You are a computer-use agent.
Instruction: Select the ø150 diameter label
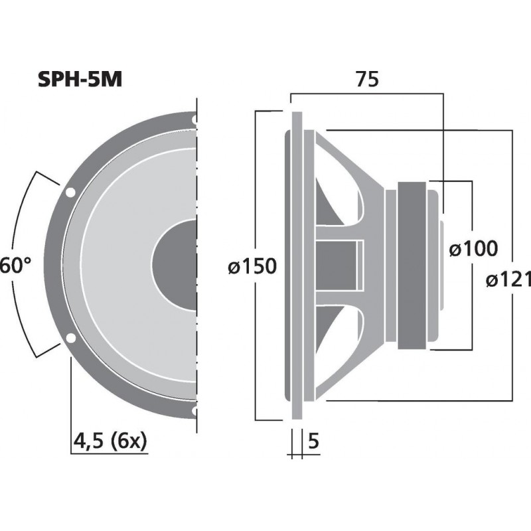[251, 267]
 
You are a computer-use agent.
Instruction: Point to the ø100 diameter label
[472, 250]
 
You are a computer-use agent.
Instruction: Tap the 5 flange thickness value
[315, 440]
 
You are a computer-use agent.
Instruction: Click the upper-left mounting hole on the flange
[70, 193]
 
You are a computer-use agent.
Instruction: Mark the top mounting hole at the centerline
[194, 121]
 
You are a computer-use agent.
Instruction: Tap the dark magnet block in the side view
[412, 265]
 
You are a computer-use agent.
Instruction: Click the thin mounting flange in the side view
[297, 265]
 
